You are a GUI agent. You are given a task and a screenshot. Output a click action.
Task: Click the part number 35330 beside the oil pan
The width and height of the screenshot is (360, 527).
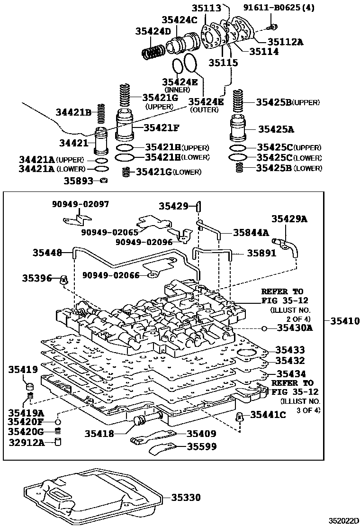pos(186,498)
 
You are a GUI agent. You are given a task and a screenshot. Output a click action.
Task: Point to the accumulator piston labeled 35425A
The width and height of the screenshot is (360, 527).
pos(239,128)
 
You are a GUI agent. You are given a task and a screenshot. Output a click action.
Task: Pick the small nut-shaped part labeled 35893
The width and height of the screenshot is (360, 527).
pos(104,180)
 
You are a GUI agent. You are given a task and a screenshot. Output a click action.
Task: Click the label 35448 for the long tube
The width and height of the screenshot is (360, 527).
pos(47,253)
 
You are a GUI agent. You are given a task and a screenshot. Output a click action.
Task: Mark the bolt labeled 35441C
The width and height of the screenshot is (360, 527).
pos(240,417)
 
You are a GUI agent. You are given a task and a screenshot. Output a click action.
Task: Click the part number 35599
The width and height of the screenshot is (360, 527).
pos(201,446)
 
